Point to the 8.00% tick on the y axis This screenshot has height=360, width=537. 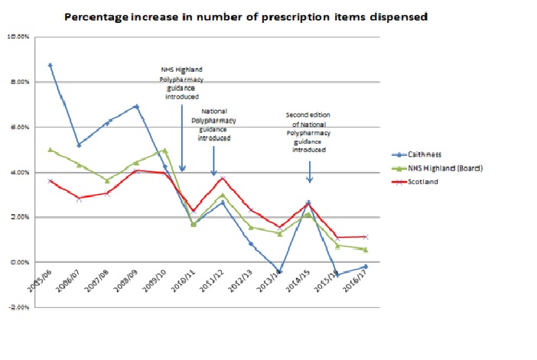point(18,82)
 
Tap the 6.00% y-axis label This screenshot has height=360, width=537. point(18,127)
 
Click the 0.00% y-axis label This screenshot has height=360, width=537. point(18,262)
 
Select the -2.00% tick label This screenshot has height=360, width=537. point(18,307)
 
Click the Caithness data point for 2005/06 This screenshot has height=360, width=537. point(50,65)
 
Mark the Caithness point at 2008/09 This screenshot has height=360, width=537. point(136,106)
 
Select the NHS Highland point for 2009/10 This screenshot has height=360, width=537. point(164,151)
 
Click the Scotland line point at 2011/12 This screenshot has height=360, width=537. point(222,178)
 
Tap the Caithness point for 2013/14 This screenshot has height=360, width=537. point(279,271)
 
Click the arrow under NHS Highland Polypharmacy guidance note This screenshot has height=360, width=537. point(182,138)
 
